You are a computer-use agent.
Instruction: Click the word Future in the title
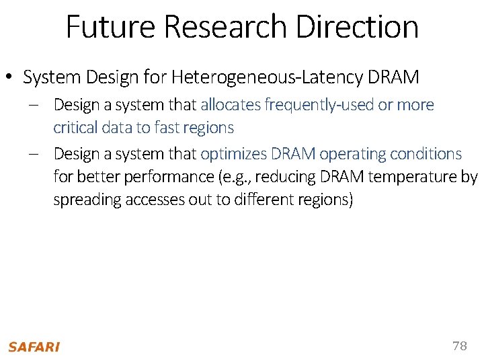(x=111, y=27)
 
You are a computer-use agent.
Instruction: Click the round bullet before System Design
(x=12, y=79)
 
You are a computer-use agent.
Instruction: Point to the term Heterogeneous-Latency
(x=268, y=77)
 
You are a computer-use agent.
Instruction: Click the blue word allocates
(x=232, y=105)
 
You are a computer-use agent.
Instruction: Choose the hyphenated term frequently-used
(x=320, y=105)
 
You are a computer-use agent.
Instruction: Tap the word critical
(x=75, y=128)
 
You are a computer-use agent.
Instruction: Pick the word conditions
(x=427, y=154)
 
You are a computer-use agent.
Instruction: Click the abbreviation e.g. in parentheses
(x=258, y=177)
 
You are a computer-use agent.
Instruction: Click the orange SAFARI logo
(x=34, y=347)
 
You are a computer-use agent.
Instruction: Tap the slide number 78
(x=459, y=346)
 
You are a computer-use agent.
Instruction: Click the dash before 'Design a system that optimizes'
(x=34, y=154)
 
